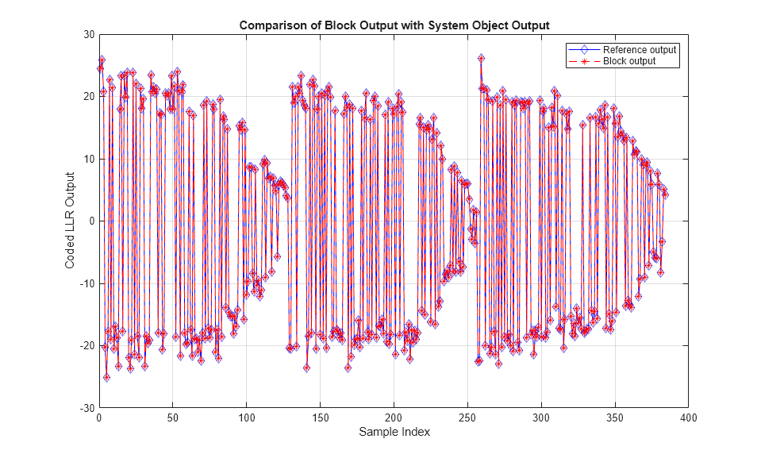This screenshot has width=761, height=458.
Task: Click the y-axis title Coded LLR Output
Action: pos(71,221)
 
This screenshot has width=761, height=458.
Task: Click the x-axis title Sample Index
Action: pos(394,433)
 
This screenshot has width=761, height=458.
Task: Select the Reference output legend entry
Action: pos(640,50)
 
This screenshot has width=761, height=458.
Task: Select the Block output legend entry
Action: pos(629,61)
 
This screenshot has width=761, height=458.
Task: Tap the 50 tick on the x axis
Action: pos(172,417)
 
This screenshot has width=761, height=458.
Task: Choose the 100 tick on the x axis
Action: pos(246,417)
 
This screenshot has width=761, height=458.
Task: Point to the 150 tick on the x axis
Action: pos(320,417)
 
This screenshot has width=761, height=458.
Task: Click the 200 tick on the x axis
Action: pos(394,417)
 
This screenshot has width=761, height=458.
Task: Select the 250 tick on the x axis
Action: pos(467,417)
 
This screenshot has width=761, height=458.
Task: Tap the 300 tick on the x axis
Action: pos(541,417)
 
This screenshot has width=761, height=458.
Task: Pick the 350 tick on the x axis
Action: pos(615,417)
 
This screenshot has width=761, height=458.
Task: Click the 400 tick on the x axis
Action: pos(689,417)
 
